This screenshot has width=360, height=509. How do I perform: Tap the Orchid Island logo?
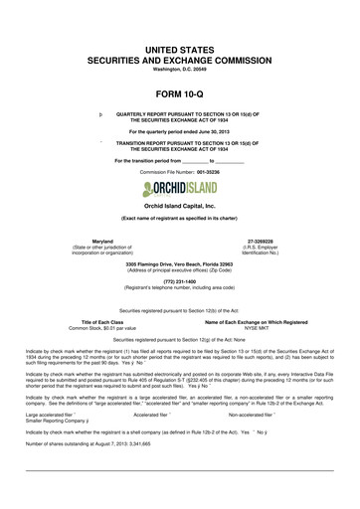point(180,189)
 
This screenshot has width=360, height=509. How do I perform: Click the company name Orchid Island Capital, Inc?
point(180,209)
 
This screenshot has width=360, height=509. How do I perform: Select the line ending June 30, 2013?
point(180,131)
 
